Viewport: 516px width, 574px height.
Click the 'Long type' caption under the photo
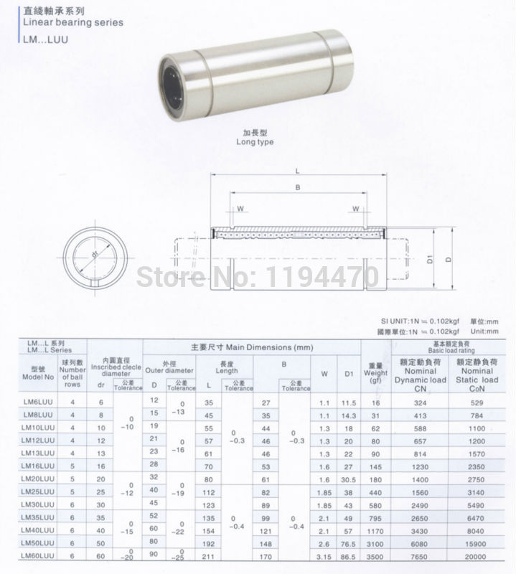point(255,141)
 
